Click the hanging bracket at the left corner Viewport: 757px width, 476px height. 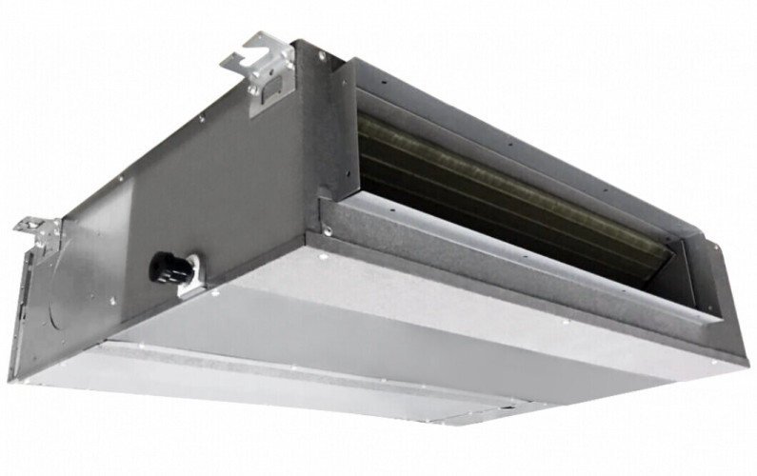(38, 231)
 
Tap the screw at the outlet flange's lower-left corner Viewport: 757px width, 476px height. (328, 229)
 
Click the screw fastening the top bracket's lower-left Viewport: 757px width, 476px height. (253, 91)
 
